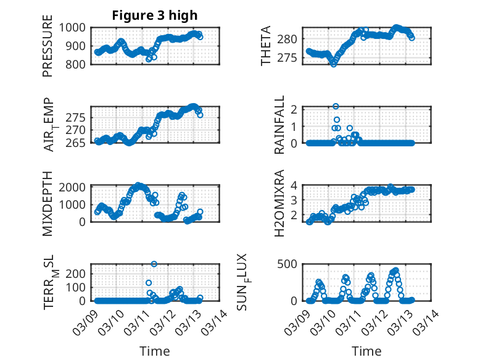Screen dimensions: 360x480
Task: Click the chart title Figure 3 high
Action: [154, 15]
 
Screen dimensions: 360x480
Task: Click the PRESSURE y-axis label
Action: [48, 51]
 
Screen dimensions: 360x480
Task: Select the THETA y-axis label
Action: [266, 46]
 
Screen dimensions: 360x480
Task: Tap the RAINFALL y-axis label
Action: [279, 125]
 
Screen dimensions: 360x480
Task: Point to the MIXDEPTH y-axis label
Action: [48, 203]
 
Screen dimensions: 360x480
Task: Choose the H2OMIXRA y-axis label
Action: [279, 203]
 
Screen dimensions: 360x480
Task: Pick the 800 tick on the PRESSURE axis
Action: [78, 64]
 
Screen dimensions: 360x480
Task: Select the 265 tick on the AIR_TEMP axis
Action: [78, 143]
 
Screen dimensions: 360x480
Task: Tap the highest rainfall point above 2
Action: [336, 106]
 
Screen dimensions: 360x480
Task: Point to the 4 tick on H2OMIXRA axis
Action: [296, 185]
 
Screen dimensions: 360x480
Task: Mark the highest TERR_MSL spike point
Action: [154, 264]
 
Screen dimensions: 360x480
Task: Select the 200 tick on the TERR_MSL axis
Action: [78, 272]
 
